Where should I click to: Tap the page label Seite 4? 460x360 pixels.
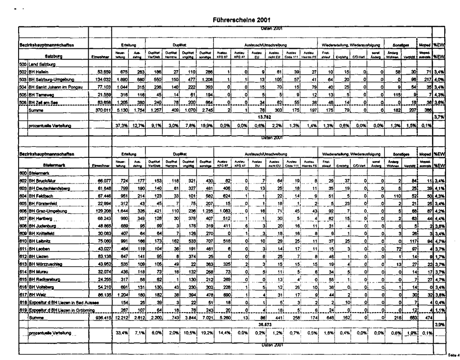pos(453,354)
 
